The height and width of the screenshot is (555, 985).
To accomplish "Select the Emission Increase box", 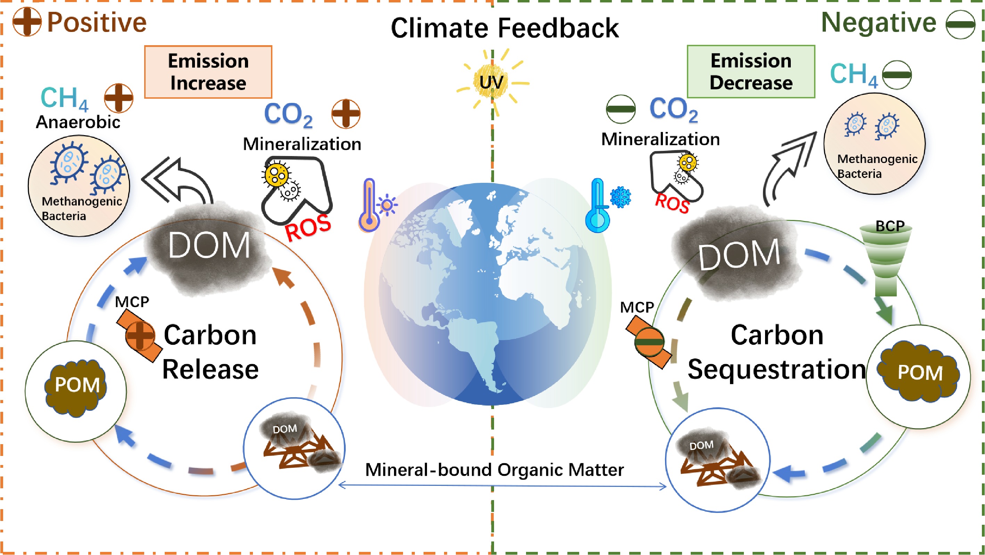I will [208, 72].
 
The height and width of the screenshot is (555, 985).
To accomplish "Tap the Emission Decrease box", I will [750, 72].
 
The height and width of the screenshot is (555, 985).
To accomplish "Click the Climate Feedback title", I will [504, 28].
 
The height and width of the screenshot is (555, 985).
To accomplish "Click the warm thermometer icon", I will [369, 206].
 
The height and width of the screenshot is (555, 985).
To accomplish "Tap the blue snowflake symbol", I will [620, 197].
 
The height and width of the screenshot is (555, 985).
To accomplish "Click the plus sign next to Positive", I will [27, 22].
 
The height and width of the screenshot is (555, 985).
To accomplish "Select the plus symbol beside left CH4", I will [118, 98].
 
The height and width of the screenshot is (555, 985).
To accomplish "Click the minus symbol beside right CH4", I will [897, 75].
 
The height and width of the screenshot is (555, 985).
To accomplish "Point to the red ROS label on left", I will [308, 228].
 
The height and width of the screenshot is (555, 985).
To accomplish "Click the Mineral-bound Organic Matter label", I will [494, 470].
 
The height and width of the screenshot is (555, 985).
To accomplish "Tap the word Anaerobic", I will [78, 122].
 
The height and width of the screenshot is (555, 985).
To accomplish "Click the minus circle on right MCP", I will [649, 342].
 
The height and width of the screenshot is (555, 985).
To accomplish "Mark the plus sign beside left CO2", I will [346, 114].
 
